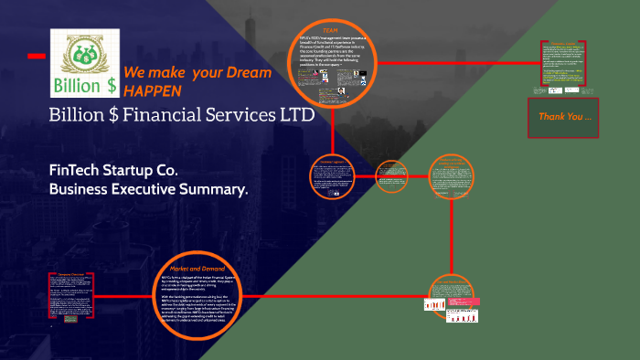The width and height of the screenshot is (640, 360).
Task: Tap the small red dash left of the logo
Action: coord(36,57)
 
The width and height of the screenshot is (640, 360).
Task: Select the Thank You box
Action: coord(564,117)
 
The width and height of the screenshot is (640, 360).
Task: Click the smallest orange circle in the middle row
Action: coord(393,176)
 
